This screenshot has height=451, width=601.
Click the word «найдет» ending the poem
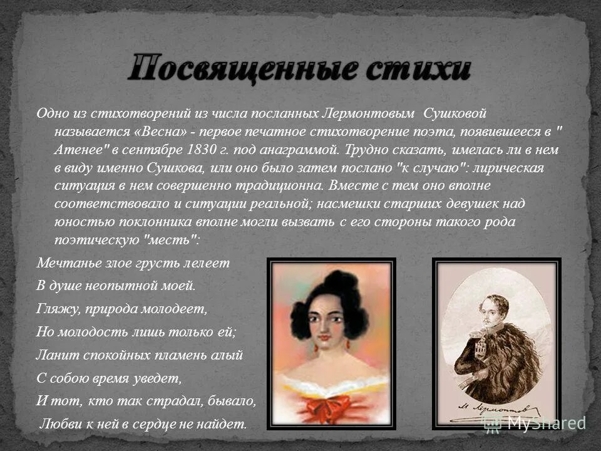[222, 424]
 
